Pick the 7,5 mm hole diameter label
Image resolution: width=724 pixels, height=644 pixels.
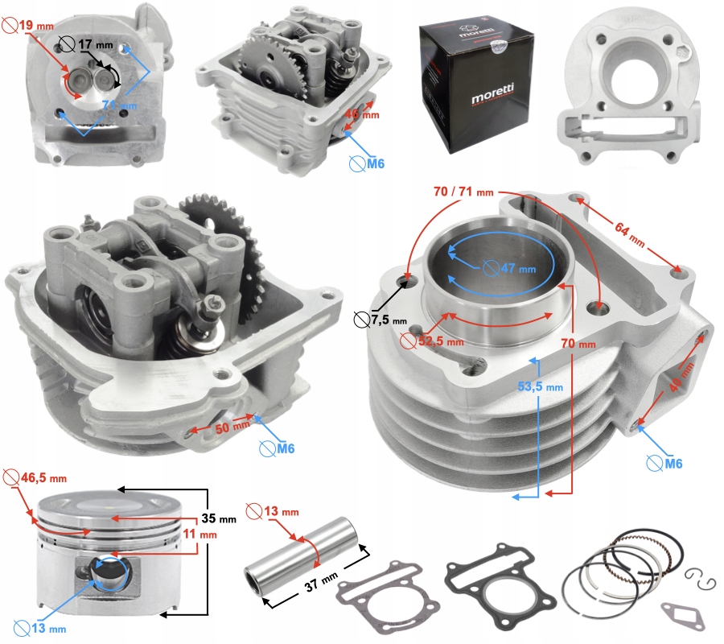coord(381,321)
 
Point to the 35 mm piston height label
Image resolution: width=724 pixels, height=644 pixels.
coord(219,518)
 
